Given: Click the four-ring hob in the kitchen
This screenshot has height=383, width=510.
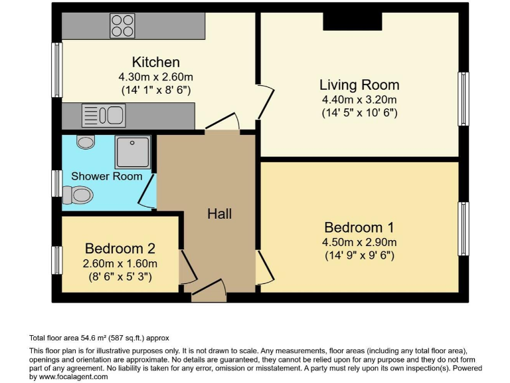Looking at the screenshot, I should pyautogui.click(x=122, y=25).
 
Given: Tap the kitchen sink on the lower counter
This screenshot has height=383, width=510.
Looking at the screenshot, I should pyautogui.click(x=103, y=116).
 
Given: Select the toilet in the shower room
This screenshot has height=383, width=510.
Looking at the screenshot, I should pyautogui.click(x=78, y=194).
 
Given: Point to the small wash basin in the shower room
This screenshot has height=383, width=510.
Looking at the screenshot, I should pyautogui.click(x=86, y=141).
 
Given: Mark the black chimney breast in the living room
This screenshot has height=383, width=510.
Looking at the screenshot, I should pyautogui.click(x=352, y=21).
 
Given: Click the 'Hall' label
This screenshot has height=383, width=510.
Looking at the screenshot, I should pyautogui.click(x=219, y=214).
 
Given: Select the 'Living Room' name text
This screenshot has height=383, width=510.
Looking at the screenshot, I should pyautogui.click(x=359, y=85).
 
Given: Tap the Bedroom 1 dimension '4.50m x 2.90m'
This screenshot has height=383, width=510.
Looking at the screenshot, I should pyautogui.click(x=359, y=241).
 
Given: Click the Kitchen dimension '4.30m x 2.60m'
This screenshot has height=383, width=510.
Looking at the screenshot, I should pyautogui.click(x=156, y=76).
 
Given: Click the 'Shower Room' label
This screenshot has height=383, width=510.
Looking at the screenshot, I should pyautogui.click(x=106, y=176).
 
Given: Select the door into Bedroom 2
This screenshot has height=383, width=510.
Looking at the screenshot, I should pyautogui.click(x=187, y=267).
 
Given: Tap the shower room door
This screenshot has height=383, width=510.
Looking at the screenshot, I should pyautogui.click(x=147, y=190).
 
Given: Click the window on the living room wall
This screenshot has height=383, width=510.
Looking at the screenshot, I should pyautogui.click(x=463, y=98).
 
